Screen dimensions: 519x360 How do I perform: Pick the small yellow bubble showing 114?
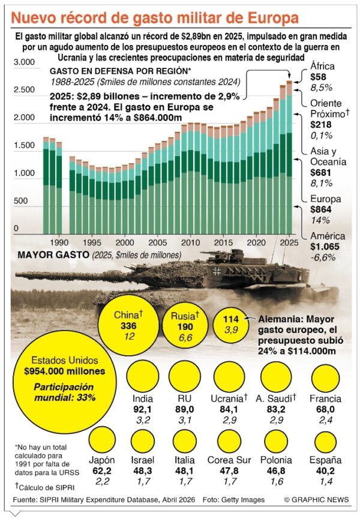coord(230,325)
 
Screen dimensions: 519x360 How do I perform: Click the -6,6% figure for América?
coord(323,257)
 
